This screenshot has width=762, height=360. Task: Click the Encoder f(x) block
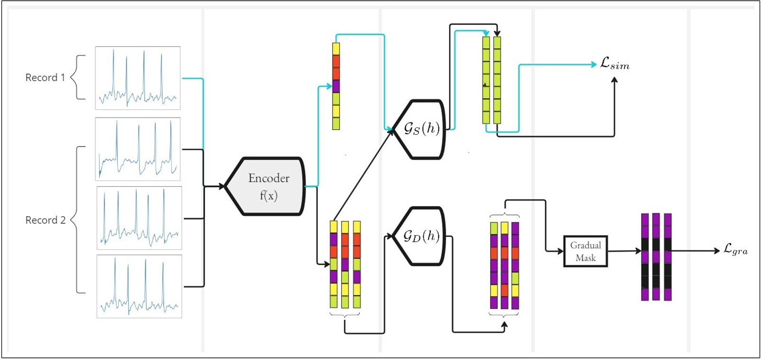267,186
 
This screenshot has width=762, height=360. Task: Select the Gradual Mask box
585,251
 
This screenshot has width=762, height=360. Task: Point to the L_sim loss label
614,64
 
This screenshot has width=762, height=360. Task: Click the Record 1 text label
45,77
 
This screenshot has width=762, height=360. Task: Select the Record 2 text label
45,220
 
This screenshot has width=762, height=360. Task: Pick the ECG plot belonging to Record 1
138,78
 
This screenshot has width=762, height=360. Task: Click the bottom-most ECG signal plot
139,286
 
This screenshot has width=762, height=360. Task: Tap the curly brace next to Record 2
78,220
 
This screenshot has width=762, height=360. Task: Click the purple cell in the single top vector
336,86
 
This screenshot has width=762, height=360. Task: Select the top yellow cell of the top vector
336,49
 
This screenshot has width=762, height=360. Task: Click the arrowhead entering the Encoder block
221,186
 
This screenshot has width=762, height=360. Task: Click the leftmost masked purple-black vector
645,257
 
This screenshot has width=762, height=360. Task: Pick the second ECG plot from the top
138,149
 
